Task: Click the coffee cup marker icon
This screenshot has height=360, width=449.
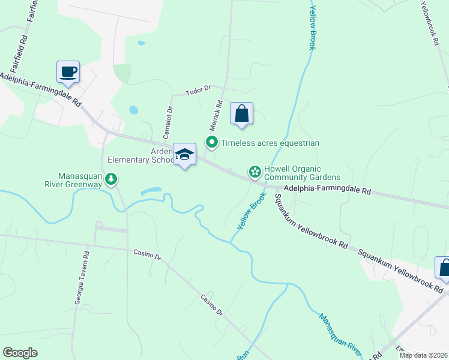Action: coord(68,71)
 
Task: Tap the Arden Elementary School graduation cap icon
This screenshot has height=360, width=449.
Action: coord(185,155)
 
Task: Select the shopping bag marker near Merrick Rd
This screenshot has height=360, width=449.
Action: coord(241,113)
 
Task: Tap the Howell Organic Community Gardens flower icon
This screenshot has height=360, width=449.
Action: coord(255,173)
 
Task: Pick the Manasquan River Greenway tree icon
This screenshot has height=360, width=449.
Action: coord(111,178)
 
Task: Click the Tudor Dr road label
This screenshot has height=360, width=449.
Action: coord(199,89)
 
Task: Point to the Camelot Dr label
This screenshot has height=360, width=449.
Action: coord(169,118)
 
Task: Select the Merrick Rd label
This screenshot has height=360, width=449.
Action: coord(216,115)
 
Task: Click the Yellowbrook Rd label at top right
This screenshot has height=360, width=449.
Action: coord(428,23)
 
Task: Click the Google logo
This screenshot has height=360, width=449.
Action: coord(20,353)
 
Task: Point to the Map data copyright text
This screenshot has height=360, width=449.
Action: coord(423,355)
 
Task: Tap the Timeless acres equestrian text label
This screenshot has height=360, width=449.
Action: coord(270,143)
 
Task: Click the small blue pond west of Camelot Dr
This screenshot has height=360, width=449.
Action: coord(133,110)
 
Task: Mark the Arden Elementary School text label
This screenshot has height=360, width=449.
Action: coord(139,155)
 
